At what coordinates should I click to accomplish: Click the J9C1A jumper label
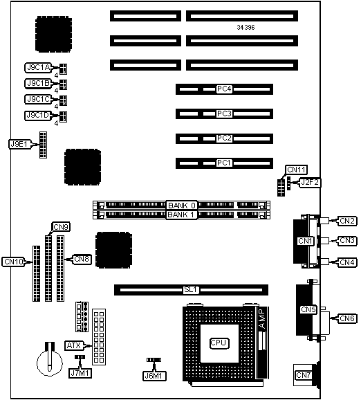(x=38, y=68)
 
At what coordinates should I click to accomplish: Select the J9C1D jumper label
(x=38, y=116)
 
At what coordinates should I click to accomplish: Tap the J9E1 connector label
(x=19, y=144)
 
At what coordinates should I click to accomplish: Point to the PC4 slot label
(x=224, y=89)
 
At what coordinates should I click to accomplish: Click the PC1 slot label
(x=224, y=163)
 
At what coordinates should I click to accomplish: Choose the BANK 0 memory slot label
(x=181, y=206)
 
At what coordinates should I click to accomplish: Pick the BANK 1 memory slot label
(x=181, y=215)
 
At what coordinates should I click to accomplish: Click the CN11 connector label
(x=296, y=170)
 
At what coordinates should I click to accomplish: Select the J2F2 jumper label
(x=310, y=183)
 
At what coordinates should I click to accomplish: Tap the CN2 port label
(x=347, y=221)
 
